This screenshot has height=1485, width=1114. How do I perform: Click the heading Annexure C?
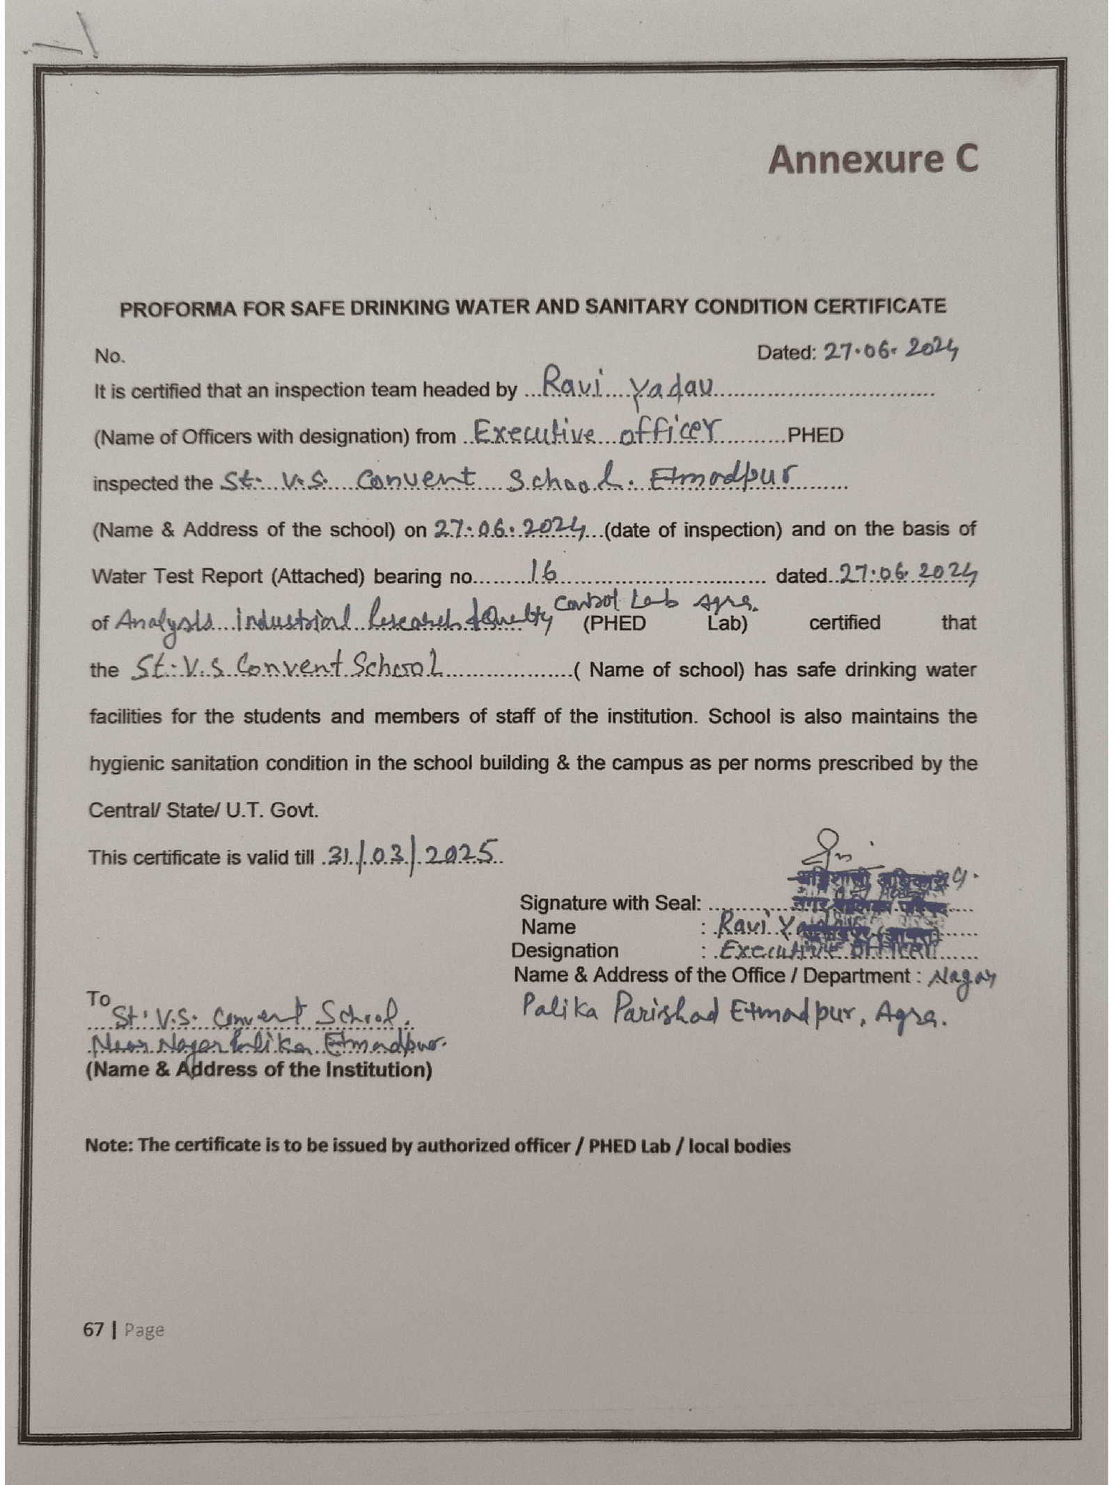872,159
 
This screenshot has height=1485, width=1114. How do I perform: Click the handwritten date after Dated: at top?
891,349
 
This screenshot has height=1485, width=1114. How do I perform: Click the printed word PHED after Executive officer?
815,436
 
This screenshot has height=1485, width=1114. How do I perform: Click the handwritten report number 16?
542,572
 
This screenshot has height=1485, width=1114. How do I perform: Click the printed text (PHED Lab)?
665,623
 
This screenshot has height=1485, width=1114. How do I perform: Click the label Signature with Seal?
610,903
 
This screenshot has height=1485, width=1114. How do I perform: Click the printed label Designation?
564,951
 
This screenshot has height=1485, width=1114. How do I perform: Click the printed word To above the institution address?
98,998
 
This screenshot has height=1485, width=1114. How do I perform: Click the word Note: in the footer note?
109,1146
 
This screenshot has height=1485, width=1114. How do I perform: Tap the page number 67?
93,1330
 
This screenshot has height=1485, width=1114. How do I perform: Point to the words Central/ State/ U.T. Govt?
203,810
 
